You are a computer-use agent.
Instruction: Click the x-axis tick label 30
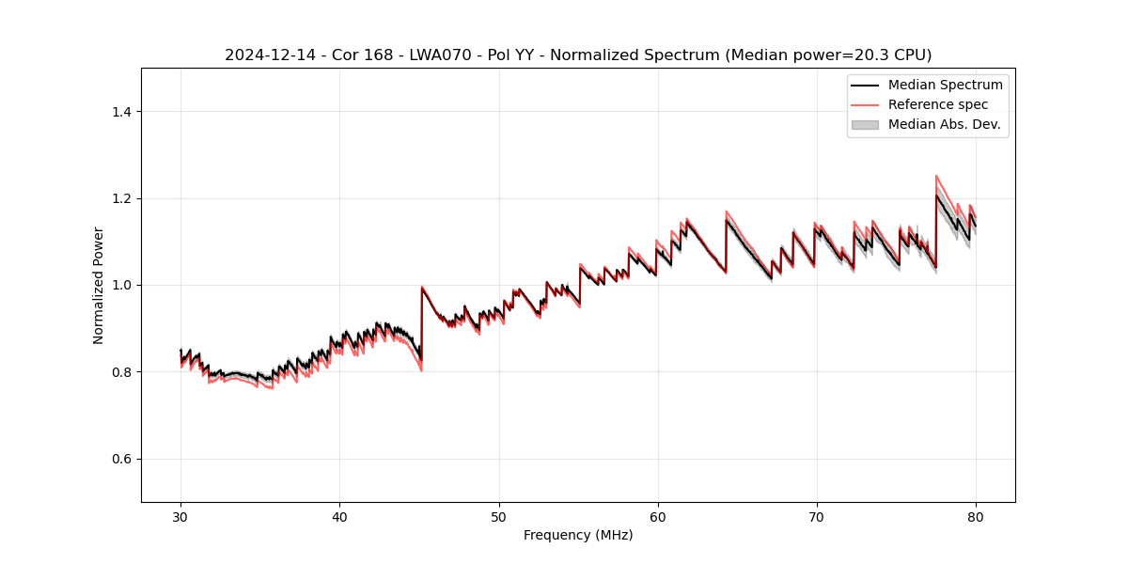tap(180, 516)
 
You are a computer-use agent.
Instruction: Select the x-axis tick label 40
tap(339, 516)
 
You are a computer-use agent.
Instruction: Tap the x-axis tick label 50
tap(498, 516)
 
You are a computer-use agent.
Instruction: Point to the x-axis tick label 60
tap(658, 516)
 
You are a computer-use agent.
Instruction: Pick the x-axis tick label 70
tap(817, 516)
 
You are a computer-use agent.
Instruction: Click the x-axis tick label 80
tap(976, 516)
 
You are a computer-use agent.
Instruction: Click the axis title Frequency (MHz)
tap(578, 535)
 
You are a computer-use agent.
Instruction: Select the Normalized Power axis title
tap(99, 285)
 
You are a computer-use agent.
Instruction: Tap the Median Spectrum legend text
tap(945, 85)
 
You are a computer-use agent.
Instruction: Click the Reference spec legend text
tap(938, 104)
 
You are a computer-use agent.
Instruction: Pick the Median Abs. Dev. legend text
tap(944, 124)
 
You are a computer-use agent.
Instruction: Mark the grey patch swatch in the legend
tap(865, 124)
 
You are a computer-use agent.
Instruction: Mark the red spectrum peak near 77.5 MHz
tap(936, 176)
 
